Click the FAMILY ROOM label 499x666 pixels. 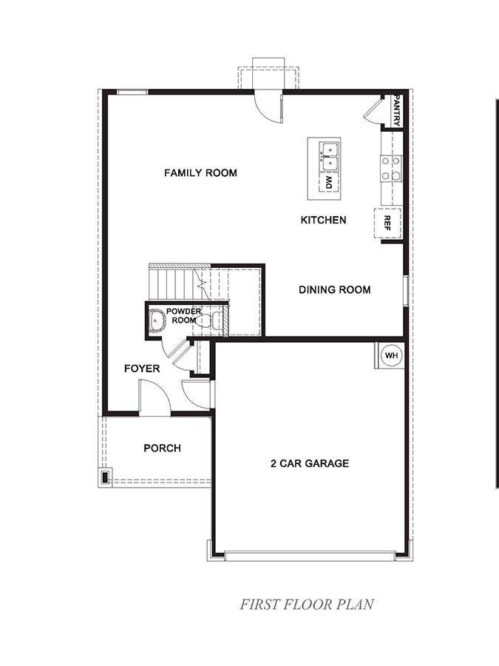click(200, 173)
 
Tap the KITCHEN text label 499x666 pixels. click(323, 220)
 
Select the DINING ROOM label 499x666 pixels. click(334, 290)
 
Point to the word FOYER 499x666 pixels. click(142, 368)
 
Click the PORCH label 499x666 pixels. click(162, 448)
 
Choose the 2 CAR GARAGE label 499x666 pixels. click(309, 464)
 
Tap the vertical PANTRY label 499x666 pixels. click(397, 110)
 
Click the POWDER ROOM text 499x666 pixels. click(183, 316)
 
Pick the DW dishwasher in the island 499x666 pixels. click(329, 182)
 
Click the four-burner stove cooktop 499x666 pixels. click(390, 168)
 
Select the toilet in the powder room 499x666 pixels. click(216, 320)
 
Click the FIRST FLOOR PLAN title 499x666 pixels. click(306, 604)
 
